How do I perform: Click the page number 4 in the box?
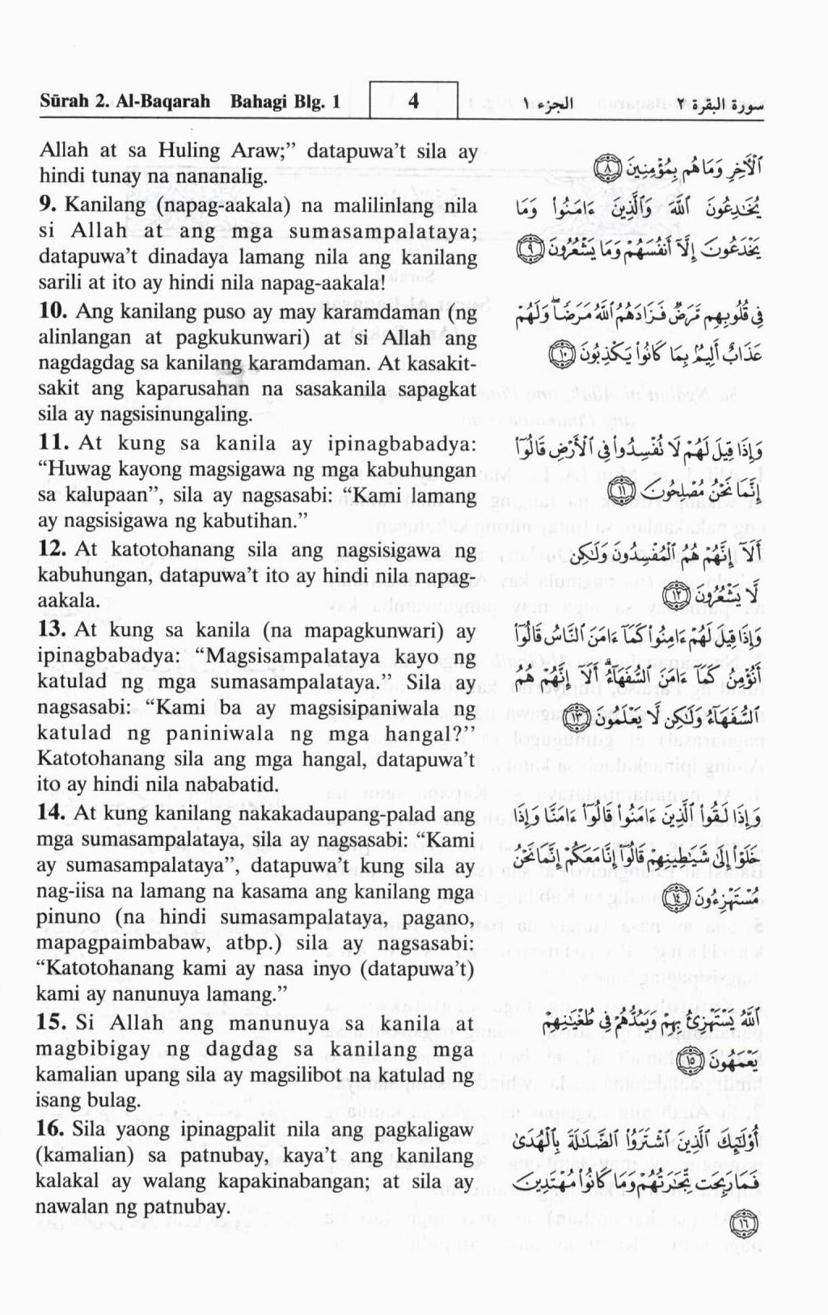coord(413,101)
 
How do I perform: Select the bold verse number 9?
coord(48,205)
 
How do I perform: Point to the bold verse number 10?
coord(53,311)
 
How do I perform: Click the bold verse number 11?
coord(53,443)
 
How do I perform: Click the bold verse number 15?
coord(53,1022)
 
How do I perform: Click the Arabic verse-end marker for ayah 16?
coord(740,1223)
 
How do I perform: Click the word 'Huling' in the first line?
coord(188,150)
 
